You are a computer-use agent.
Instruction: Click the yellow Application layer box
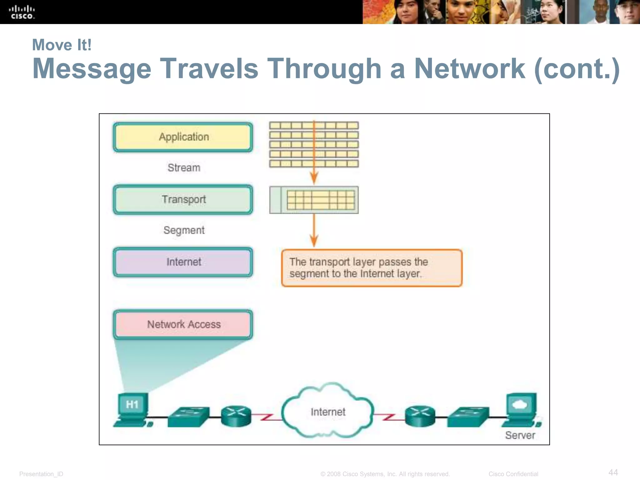(x=183, y=137)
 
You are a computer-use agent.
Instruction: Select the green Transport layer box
(x=183, y=200)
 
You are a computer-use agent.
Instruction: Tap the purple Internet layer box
(x=183, y=262)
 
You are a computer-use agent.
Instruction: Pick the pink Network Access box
(x=183, y=325)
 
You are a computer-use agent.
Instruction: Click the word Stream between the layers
(x=184, y=168)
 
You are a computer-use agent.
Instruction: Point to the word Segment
(x=184, y=230)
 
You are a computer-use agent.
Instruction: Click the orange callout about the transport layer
(x=372, y=268)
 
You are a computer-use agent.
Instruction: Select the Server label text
(x=520, y=435)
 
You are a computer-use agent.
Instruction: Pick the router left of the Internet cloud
(x=236, y=416)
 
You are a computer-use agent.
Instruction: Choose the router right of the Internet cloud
(x=420, y=416)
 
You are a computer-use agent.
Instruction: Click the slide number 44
(x=613, y=472)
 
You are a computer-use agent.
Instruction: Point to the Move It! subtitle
(x=62, y=45)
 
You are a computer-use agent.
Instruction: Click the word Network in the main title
(x=469, y=69)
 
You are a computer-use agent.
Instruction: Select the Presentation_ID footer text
(x=41, y=474)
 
